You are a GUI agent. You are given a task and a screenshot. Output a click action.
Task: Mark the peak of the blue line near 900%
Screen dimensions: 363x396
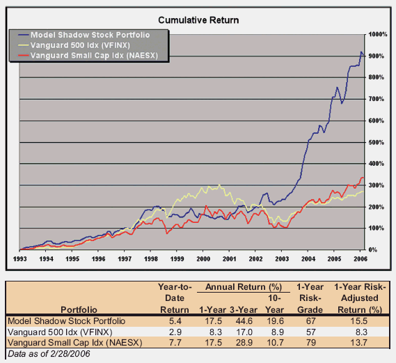361,52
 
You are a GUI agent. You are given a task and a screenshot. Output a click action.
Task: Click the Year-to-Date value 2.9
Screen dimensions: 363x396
175,331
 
